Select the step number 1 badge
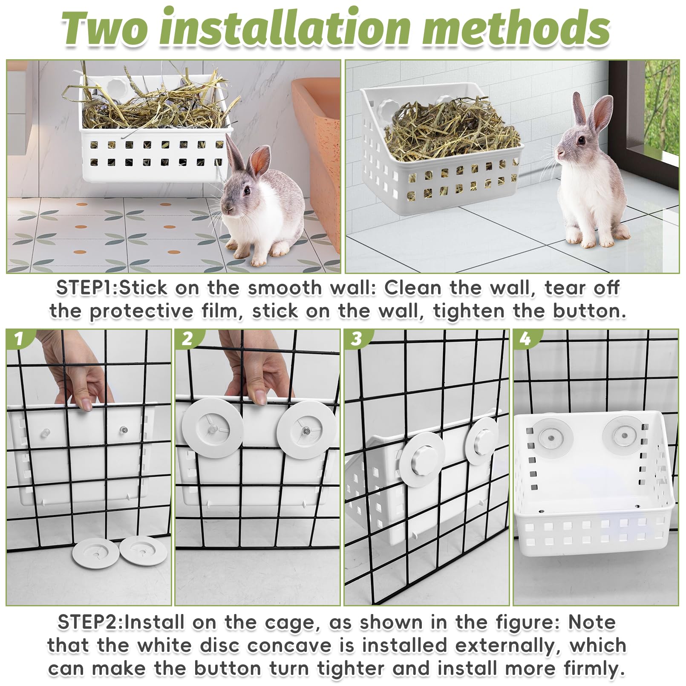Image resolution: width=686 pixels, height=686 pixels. point(18,339)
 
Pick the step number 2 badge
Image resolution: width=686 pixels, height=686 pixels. point(187,339)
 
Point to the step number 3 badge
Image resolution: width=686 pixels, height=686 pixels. point(356,339)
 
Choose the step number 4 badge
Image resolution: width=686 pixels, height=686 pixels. point(525,339)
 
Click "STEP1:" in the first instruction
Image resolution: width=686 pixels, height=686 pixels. point(87,288)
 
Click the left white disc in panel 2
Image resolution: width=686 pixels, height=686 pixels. point(213,429)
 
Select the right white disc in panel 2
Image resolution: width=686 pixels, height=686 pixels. point(307,430)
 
